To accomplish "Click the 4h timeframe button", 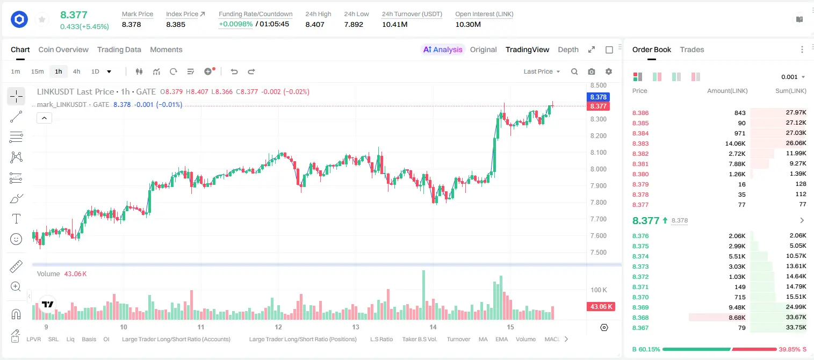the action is (x=76, y=71).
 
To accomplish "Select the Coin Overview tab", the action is (x=63, y=49).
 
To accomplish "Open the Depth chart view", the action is (x=568, y=49).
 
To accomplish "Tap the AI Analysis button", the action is (x=443, y=49).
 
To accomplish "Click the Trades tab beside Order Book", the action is (x=692, y=49).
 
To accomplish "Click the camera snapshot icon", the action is (x=592, y=71).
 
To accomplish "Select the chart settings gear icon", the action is (x=609, y=71).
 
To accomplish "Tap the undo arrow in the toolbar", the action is (x=234, y=71).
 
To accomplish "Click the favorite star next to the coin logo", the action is (x=42, y=19).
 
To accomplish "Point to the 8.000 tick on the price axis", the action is (x=598, y=169).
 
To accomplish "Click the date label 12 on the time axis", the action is (x=278, y=327).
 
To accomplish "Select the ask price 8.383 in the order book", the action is (x=640, y=143).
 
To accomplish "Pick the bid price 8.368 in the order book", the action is (x=640, y=318).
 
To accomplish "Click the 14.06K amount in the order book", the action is (x=735, y=143).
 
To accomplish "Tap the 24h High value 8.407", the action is (x=315, y=24).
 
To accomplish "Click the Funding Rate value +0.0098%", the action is (x=235, y=24).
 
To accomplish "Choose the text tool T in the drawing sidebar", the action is (x=16, y=219).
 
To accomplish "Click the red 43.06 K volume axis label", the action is (x=601, y=307).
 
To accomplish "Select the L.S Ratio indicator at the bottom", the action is (x=381, y=339).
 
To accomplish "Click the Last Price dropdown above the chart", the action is (x=542, y=71).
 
